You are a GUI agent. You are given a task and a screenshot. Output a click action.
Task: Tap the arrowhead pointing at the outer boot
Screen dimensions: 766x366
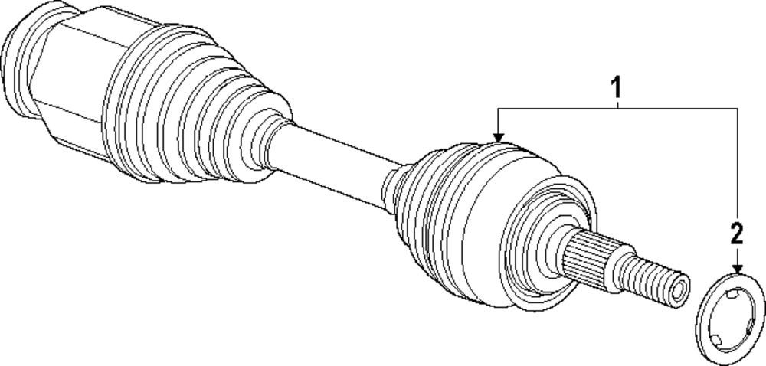point(499,136)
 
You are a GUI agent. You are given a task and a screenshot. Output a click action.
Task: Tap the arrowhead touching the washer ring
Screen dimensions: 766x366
point(737,269)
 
